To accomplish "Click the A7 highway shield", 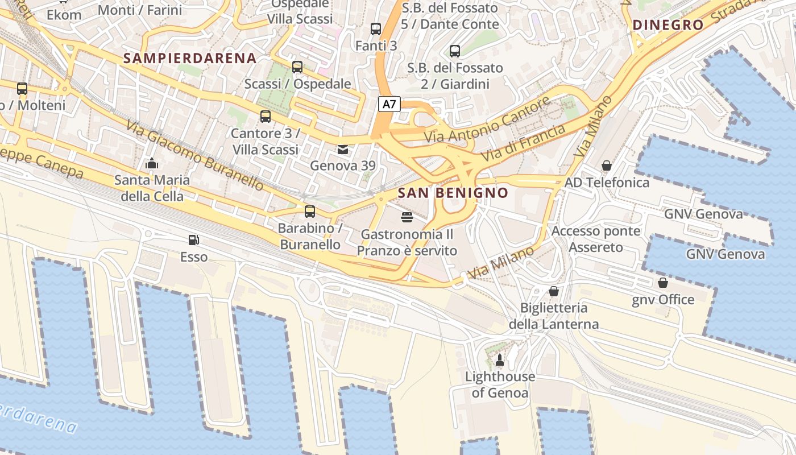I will click(x=389, y=104).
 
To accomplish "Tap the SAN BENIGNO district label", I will click(x=453, y=193).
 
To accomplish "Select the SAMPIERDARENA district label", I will click(x=190, y=58).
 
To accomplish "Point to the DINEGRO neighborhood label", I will click(x=668, y=25).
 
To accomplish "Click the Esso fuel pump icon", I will click(x=194, y=241).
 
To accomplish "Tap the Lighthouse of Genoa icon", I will click(x=500, y=360).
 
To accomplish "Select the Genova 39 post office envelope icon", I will click(x=343, y=150).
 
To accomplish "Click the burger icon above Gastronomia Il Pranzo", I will click(x=407, y=217).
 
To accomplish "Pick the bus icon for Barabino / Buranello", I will click(x=310, y=212).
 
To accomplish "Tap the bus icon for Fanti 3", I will click(x=376, y=29).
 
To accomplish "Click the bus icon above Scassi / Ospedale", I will click(x=297, y=67).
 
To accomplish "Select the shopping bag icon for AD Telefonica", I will click(x=607, y=166).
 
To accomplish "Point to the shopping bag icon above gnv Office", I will click(x=663, y=283).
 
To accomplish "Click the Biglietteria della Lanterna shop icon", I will click(x=554, y=291).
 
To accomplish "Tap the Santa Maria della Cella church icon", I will click(x=152, y=164).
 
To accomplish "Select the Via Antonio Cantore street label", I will click(x=488, y=120).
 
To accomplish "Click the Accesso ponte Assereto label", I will click(x=596, y=239).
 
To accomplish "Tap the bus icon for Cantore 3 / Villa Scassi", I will click(x=266, y=117).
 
